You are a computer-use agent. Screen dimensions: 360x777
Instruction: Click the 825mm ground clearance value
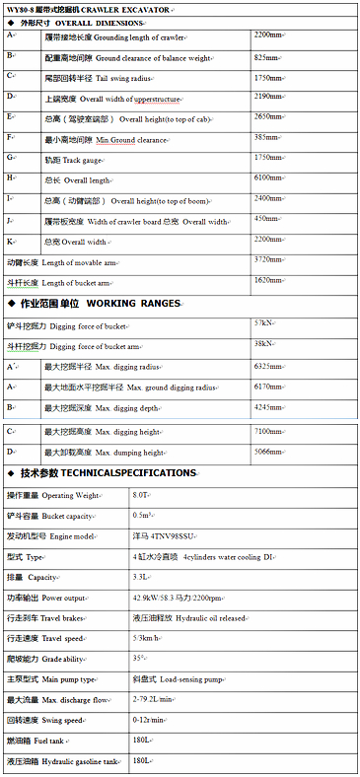tap(267, 57)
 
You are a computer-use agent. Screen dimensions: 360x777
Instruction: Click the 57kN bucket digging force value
tap(264, 322)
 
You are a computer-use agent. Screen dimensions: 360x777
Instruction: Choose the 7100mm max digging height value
tap(270, 431)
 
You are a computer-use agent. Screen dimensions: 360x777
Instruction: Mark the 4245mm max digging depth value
tap(270, 406)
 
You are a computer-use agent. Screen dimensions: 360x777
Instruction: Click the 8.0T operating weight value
tap(142, 495)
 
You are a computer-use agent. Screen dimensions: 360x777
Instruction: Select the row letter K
tap(11, 241)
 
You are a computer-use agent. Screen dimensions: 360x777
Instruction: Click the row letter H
tap(11, 177)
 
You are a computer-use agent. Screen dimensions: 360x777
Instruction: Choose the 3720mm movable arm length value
tap(270, 260)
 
